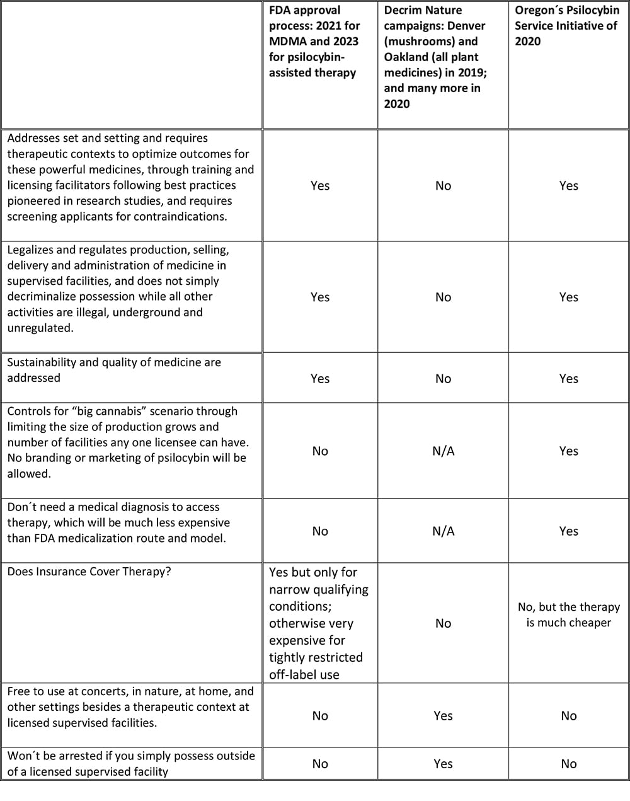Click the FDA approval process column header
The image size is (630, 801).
coord(314,42)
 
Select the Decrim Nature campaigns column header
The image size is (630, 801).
coord(435,57)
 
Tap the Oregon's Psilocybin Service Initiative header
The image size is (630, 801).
coord(566,26)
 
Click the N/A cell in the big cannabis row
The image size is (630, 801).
coord(443,451)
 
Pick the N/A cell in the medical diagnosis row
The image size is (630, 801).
coord(443,531)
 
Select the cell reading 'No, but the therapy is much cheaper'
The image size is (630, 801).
coord(568,614)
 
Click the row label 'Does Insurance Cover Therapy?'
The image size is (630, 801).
coord(89,572)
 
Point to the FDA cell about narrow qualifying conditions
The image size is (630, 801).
coord(318,623)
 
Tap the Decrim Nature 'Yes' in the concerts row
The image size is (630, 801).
coord(443,716)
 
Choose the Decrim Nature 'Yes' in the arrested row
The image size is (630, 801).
coord(443,764)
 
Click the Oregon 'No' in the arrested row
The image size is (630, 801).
coord(568,764)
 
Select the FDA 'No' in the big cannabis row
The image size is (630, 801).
coord(320,451)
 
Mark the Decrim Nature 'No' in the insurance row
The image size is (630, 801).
coord(443,623)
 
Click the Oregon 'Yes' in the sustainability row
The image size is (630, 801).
coord(568,379)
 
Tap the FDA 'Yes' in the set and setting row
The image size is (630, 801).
coord(320,186)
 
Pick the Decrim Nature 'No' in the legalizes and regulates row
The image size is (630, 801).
coord(443,297)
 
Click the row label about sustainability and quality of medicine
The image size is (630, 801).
coord(114,370)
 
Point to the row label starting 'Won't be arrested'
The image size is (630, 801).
coord(131,763)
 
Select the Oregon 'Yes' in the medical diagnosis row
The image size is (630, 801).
coord(568,531)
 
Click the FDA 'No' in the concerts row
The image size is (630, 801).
coord(320,716)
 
